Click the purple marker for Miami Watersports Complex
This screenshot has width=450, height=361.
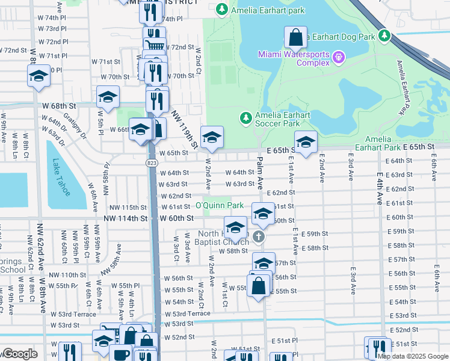tap(339, 58)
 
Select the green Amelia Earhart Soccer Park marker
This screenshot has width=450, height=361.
tap(245, 117)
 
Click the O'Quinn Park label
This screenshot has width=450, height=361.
tap(219, 206)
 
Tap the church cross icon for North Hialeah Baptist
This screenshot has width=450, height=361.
tap(259, 236)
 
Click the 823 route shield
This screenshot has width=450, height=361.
tap(151, 163)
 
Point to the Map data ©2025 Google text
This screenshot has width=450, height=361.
tap(412, 356)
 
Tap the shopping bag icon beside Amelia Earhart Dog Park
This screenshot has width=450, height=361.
tap(295, 38)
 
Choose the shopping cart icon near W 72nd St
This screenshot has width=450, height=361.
tap(155, 45)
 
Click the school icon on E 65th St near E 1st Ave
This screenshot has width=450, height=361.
tap(306, 142)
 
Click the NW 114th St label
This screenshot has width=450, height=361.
tap(125, 218)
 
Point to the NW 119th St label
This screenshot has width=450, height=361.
tap(185, 129)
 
